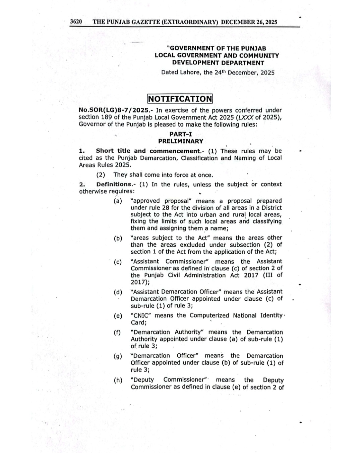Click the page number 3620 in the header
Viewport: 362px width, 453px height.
pyautogui.click(x=76, y=22)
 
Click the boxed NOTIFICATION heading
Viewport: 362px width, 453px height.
pyautogui.click(x=180, y=99)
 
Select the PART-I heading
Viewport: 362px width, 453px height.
pyautogui.click(x=181, y=134)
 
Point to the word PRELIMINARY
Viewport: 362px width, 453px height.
pyautogui.click(x=181, y=141)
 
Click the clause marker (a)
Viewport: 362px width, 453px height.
pyautogui.click(x=118, y=201)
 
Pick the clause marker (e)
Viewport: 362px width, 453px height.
pyautogui.click(x=118, y=316)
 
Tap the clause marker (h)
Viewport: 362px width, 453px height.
pyautogui.click(x=118, y=380)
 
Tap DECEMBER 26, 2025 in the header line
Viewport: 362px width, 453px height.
pyautogui.click(x=249, y=22)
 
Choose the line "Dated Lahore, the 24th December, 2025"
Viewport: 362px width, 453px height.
pyautogui.click(x=218, y=72)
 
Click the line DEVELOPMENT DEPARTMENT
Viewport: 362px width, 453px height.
pyautogui.click(x=218, y=63)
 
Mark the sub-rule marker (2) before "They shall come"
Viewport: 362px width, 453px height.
pyautogui.click(x=101, y=175)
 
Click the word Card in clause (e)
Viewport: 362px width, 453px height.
pyautogui.click(x=138, y=323)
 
